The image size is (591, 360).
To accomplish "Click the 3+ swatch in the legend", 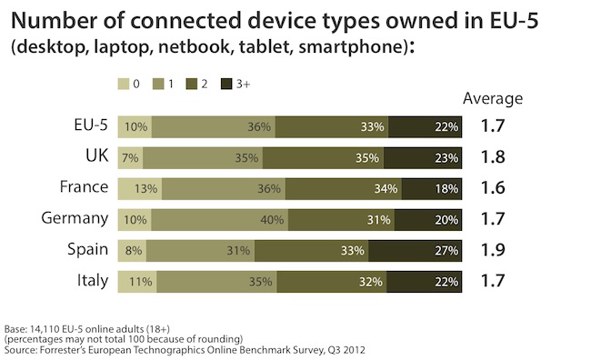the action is pyautogui.click(x=226, y=84).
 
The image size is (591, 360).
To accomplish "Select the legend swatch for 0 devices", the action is pyautogui.click(x=124, y=84).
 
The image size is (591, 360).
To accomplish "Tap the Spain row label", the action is pyautogui.click(x=88, y=250).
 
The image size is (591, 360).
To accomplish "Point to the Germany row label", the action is pyautogui.click(x=75, y=219).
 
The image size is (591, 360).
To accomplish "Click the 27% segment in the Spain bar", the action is pyautogui.click(x=415, y=251).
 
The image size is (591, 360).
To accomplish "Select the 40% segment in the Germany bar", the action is pyautogui.click(x=220, y=220).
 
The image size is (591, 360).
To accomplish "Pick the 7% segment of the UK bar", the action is pyautogui.click(x=130, y=158).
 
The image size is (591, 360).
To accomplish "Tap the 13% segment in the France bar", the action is pyautogui.click(x=140, y=189).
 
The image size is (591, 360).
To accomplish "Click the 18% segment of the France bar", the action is pyautogui.click(x=432, y=189).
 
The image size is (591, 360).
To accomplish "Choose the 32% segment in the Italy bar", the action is pyautogui.click(x=332, y=282).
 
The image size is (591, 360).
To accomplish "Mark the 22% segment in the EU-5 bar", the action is pyautogui.click(x=426, y=127).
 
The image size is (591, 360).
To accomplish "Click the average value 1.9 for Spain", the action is pyautogui.click(x=493, y=250).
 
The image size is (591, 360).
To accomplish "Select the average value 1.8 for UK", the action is pyautogui.click(x=493, y=157).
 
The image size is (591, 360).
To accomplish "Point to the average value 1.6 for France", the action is pyautogui.click(x=493, y=188).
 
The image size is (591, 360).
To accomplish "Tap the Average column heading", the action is pyautogui.click(x=493, y=99).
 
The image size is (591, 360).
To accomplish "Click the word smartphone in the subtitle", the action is pyautogui.click(x=351, y=47).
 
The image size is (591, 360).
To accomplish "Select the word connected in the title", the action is pyautogui.click(x=185, y=21).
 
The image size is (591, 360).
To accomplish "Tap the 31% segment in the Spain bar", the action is pyautogui.click(x=201, y=251).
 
